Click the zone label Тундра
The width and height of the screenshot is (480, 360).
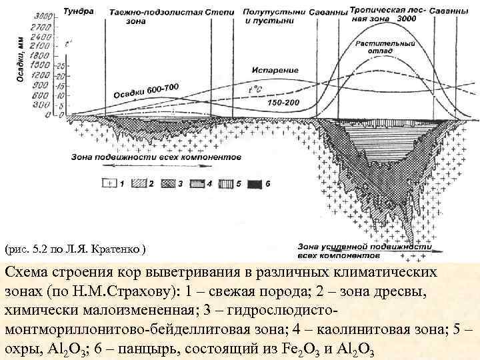point(79,11)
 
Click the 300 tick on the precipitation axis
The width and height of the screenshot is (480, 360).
point(44,105)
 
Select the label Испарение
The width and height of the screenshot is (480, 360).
point(270,69)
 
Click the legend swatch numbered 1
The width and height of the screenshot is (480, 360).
point(108,182)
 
